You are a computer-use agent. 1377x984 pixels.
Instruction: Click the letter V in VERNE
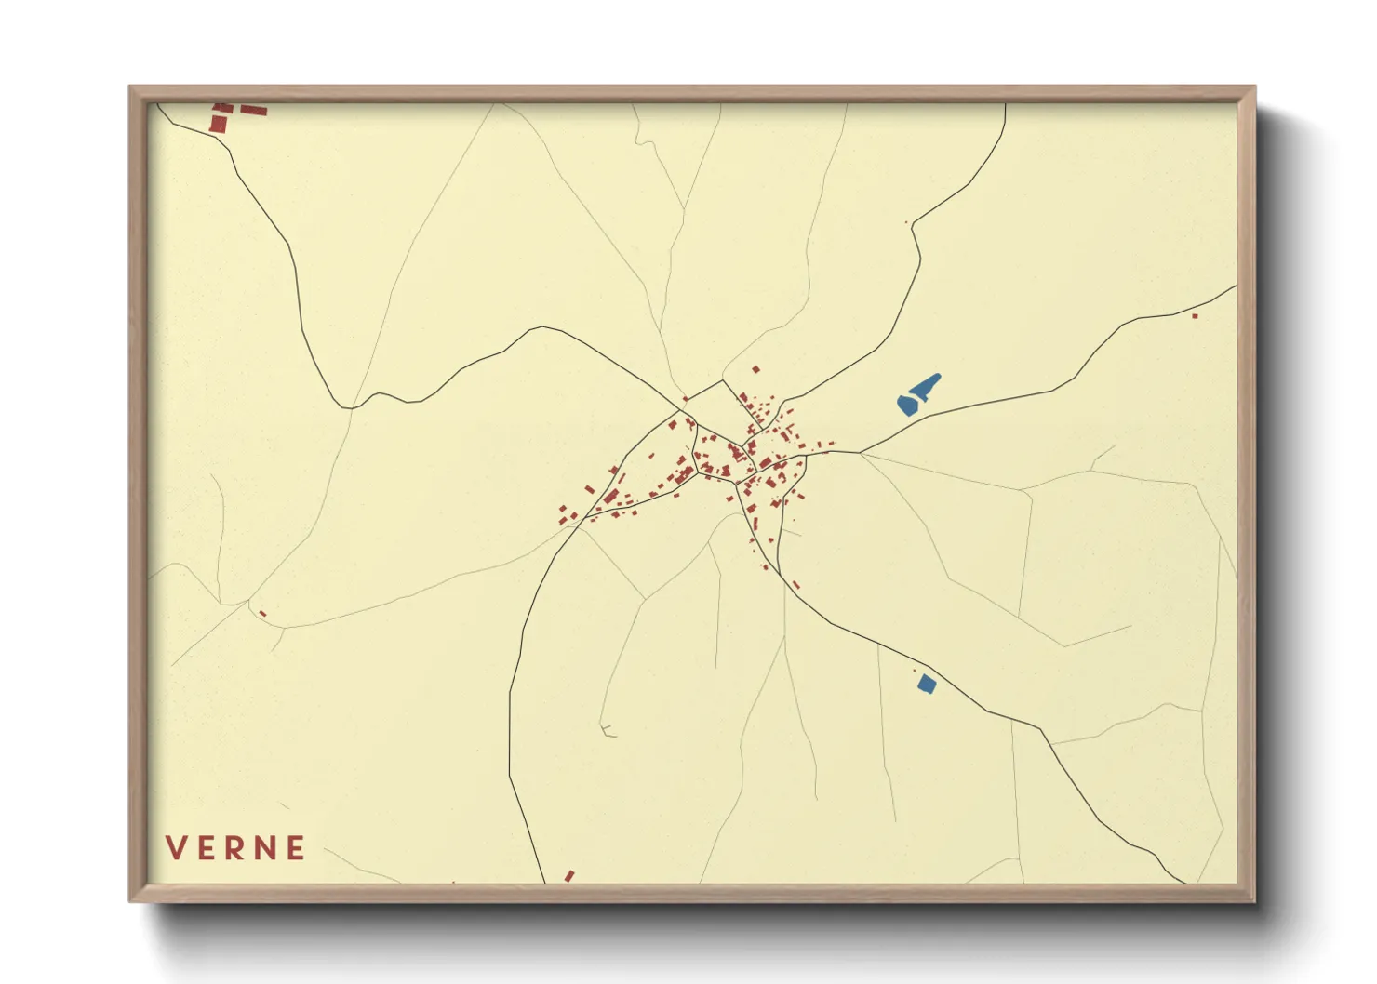click(x=175, y=848)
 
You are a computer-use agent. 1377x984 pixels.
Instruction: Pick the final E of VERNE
click(x=296, y=848)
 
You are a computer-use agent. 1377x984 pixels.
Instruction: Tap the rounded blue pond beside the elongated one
click(x=908, y=405)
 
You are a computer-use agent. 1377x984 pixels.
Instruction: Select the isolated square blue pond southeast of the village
click(x=926, y=684)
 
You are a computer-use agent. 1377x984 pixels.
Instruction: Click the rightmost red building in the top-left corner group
click(x=254, y=111)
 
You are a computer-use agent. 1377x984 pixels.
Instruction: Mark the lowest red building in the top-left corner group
click(x=218, y=124)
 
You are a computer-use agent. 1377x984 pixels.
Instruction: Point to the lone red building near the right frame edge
click(x=1195, y=316)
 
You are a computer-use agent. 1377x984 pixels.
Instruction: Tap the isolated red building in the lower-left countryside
click(x=262, y=613)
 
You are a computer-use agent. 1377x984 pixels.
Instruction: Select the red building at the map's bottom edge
click(x=569, y=876)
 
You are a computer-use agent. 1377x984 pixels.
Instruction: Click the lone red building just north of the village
click(x=755, y=369)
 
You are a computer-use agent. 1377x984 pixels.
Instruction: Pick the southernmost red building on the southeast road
click(x=795, y=585)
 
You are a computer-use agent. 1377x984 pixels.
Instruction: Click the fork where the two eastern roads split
click(x=860, y=453)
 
